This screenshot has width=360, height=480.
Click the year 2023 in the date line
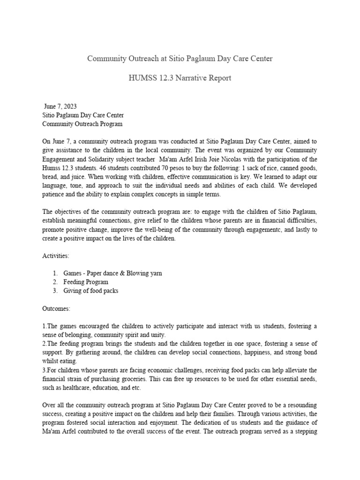click(x=68, y=106)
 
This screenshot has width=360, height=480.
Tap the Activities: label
click(x=56, y=256)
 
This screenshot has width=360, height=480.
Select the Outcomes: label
click(x=57, y=308)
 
